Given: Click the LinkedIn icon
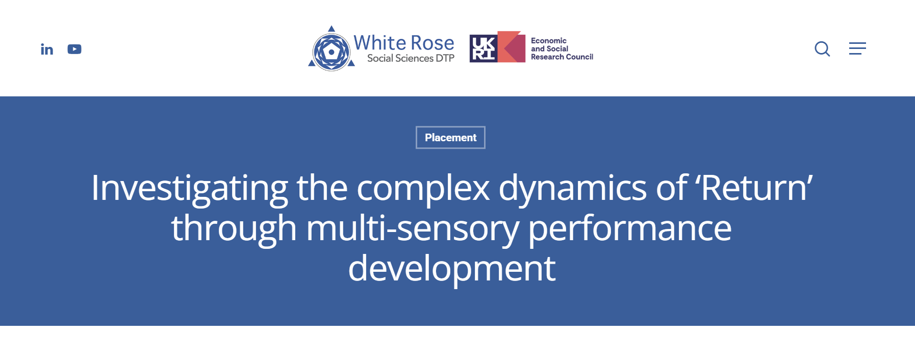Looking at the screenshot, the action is (47, 49).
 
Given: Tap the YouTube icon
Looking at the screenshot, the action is (74, 49).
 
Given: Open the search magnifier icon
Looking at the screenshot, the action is (822, 49).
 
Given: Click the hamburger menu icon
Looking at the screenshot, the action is (857, 48).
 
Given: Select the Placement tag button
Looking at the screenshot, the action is (450, 138).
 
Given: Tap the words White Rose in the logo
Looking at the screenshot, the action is (403, 43).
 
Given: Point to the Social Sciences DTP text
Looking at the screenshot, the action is (411, 59).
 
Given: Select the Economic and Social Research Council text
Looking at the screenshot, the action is (561, 48).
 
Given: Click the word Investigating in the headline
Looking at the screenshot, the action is (189, 188).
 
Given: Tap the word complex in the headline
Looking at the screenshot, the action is (423, 188).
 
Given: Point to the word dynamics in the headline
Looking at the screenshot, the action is (573, 188).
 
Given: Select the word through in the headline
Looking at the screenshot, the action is (234, 228).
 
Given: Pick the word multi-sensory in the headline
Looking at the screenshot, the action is (412, 228).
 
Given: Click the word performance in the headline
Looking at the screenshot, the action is (629, 228).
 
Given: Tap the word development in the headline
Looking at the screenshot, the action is (451, 269).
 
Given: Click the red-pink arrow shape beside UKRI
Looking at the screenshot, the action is (512, 47).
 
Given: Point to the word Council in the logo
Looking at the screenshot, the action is (579, 57).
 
